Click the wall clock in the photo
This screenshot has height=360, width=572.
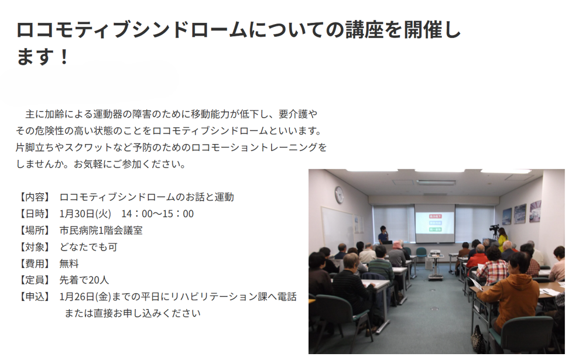(339, 194)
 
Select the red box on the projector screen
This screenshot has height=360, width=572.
(435, 217)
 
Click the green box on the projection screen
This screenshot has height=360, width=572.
(435, 229)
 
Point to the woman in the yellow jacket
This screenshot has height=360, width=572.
(503, 239)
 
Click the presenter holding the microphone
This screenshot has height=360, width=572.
(383, 235)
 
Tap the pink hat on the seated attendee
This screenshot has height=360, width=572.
(398, 245)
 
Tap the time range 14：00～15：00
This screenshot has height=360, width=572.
(157, 214)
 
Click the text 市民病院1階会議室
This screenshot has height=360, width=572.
(101, 231)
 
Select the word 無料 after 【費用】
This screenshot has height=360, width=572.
(69, 264)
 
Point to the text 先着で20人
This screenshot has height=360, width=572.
(84, 280)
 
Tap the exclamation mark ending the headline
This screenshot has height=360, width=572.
(64, 57)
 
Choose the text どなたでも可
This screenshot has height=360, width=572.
(88, 247)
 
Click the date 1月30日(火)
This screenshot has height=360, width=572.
(85, 214)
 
